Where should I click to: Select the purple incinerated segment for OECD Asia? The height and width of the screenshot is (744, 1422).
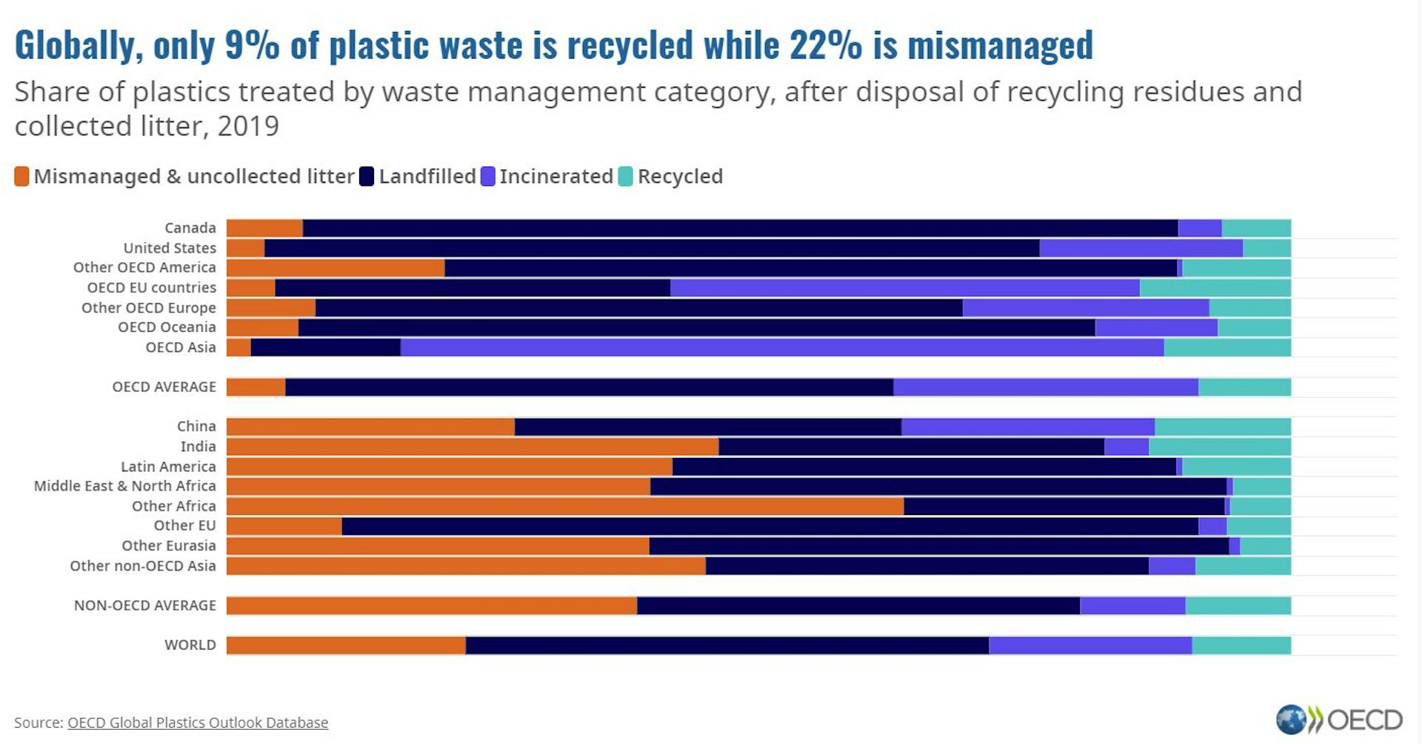click(782, 347)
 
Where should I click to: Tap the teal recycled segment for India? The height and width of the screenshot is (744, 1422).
click(1220, 446)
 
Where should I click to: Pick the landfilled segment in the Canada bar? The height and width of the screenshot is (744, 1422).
click(741, 227)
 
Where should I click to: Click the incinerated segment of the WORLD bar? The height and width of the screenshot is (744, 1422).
click(1090, 645)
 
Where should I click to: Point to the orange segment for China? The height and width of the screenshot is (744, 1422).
click(370, 426)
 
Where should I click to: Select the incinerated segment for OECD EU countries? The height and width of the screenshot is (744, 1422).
click(905, 288)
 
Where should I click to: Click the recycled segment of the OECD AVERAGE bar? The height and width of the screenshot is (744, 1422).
click(1244, 387)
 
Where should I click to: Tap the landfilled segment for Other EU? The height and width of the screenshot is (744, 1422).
click(770, 526)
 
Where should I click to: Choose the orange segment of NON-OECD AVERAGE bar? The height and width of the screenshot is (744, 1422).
click(432, 605)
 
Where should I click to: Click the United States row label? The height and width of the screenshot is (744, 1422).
click(170, 248)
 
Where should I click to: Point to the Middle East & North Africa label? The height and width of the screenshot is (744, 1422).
click(124, 486)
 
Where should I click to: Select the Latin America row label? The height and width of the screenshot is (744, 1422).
click(168, 466)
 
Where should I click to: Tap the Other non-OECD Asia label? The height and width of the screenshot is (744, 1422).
click(143, 565)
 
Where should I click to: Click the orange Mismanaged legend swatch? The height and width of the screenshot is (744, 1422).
click(21, 176)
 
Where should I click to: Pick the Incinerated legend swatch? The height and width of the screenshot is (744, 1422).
click(487, 176)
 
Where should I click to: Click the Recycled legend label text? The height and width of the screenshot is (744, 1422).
click(680, 176)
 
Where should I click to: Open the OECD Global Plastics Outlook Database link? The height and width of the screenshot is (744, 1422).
click(198, 723)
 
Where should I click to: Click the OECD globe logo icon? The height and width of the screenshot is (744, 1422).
click(1292, 720)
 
